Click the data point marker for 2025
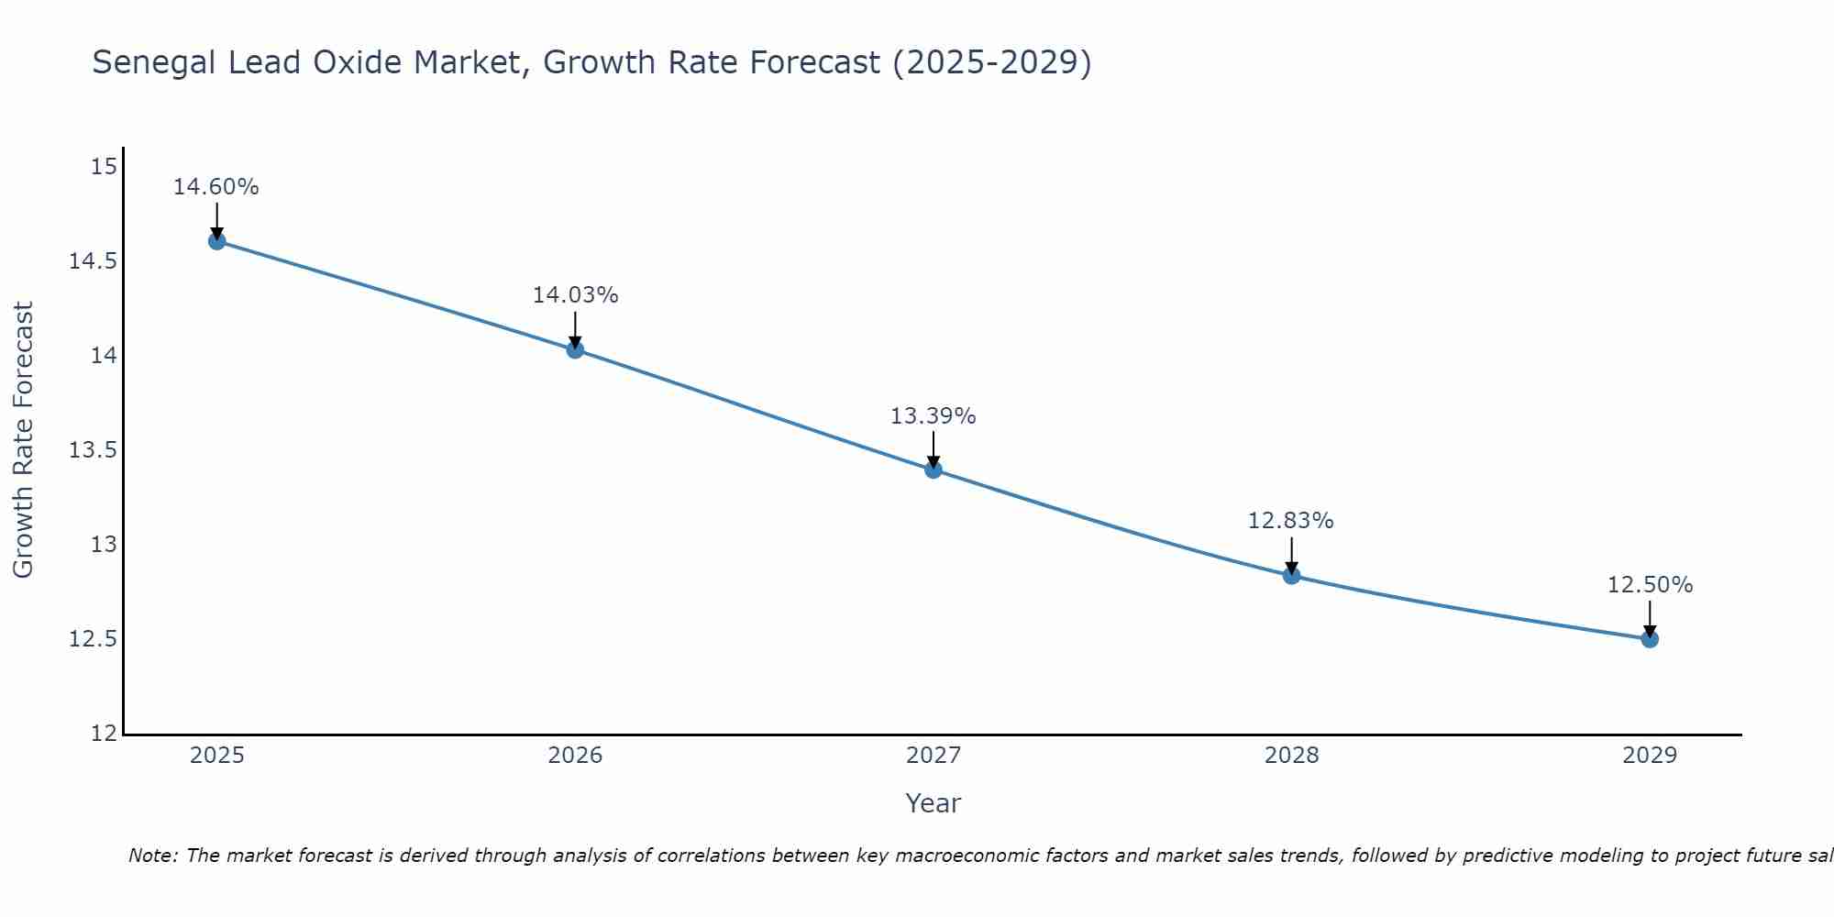216,241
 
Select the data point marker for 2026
575,349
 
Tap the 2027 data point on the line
934,470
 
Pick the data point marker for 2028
1291,576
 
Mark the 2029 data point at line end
1650,638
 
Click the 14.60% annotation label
216,187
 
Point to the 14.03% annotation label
575,295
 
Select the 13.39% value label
934,416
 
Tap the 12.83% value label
1291,521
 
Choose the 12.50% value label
1650,585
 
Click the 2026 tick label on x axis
575,756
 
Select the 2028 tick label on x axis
1291,756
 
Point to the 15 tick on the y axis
105,166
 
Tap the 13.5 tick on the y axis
93,450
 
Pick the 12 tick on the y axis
105,734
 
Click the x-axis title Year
934,803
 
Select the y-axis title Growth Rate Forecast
23,440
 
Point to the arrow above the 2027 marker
934,449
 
